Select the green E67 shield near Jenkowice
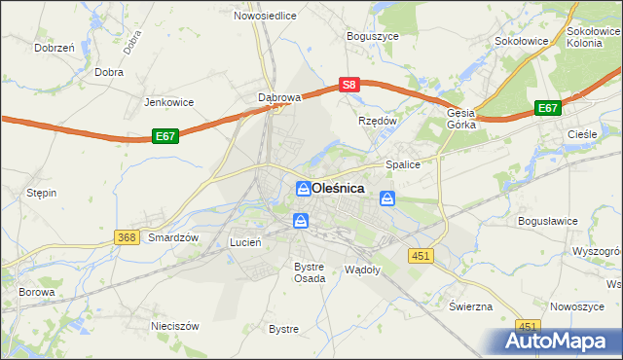pyautogui.click(x=165, y=138)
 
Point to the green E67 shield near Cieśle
pyautogui.click(x=547, y=109)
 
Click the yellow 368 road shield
pyautogui.click(x=126, y=236)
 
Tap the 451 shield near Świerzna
pyautogui.click(x=528, y=327)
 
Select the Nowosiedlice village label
pyautogui.click(x=265, y=16)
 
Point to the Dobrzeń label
pyautogui.click(x=55, y=47)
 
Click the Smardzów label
pyautogui.click(x=173, y=237)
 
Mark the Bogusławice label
pyautogui.click(x=548, y=222)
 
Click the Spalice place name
pyautogui.click(x=403, y=165)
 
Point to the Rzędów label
pyautogui.click(x=378, y=121)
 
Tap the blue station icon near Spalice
pyautogui.click(x=387, y=199)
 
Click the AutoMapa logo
pyautogui.click(x=558, y=341)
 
